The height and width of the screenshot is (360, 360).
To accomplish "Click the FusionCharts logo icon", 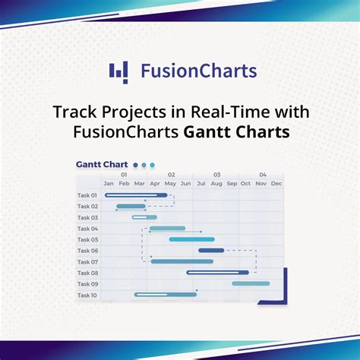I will (x=118, y=71).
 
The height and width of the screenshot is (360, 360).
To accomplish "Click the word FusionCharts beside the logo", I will (x=199, y=71).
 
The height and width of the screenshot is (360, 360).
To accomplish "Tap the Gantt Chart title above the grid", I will (x=101, y=164).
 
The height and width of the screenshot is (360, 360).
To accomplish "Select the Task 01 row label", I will (x=87, y=195).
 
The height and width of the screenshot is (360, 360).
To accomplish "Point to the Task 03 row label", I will (x=87, y=217).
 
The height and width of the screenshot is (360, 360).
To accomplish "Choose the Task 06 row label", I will (x=87, y=251).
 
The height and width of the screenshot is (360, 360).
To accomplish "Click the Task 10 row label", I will (x=87, y=295).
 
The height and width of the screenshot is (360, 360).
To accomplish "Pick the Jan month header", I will (x=109, y=184).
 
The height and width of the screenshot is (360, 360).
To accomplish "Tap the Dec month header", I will (x=276, y=184).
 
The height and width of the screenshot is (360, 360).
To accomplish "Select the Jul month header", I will (x=201, y=184).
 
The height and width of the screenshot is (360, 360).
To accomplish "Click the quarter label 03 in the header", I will (x=216, y=175).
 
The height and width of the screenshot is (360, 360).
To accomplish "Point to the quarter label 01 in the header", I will (x=124, y=175).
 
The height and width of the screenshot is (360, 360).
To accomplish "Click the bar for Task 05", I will (x=191, y=239).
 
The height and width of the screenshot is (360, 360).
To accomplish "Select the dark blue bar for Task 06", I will (x=211, y=250).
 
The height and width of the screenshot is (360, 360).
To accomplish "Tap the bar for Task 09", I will (x=251, y=283).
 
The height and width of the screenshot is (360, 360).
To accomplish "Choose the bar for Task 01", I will (x=136, y=195).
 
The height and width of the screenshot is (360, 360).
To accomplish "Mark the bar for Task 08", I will (x=217, y=272).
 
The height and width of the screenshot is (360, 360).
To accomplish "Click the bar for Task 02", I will (x=131, y=206).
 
